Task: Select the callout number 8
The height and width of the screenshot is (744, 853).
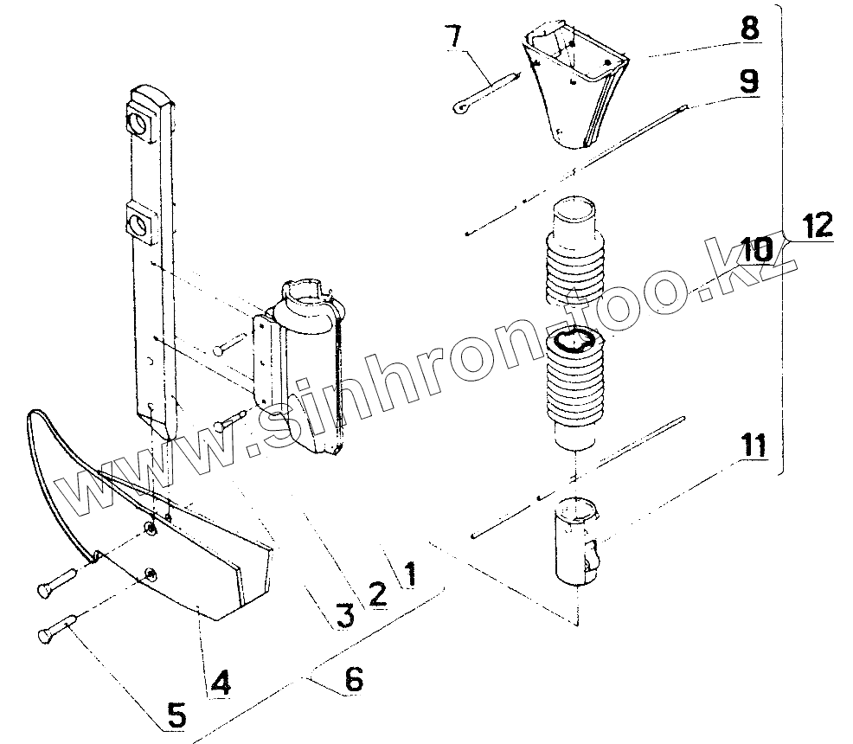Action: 749,27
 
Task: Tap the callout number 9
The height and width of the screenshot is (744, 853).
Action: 749,81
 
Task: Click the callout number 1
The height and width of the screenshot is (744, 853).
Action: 408,573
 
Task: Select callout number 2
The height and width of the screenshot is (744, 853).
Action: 377,593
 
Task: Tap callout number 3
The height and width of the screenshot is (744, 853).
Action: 343,615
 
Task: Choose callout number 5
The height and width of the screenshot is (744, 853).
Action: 176,715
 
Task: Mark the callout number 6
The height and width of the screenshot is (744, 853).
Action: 353,680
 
